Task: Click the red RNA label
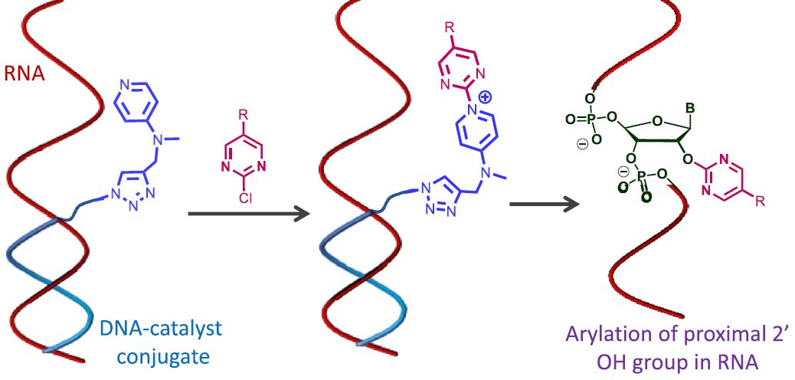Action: [25, 76]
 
